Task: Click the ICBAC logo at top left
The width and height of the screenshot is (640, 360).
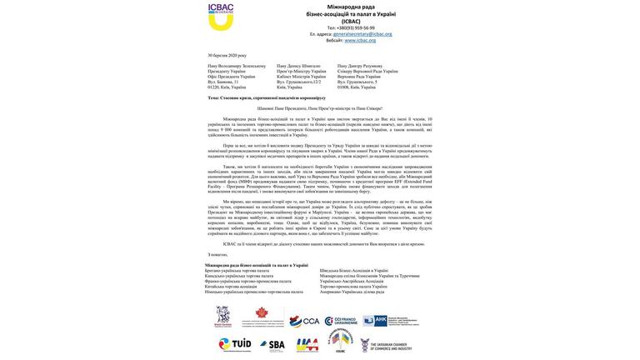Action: click(221, 17)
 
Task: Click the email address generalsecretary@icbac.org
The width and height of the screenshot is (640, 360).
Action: click(362, 34)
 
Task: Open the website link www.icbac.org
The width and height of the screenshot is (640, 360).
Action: click(360, 40)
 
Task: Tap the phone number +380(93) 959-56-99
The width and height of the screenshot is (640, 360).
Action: click(356, 27)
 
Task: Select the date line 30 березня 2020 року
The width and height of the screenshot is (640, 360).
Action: click(227, 56)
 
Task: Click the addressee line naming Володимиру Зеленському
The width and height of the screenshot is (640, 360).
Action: click(237, 66)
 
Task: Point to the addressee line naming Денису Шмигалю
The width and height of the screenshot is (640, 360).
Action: click(298, 66)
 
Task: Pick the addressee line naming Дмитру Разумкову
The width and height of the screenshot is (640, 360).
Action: click(360, 66)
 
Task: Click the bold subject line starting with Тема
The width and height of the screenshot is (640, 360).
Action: click(267, 97)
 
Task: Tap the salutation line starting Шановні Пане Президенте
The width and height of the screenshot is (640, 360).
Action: click(320, 108)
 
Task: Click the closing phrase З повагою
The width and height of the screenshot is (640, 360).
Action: click(218, 254)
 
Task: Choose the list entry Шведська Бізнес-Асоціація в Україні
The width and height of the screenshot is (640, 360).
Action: click(353, 271)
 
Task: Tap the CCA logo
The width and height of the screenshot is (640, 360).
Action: click(305, 321)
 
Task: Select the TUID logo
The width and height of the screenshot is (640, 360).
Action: click(235, 344)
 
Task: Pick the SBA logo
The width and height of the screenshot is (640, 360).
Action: click(272, 344)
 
